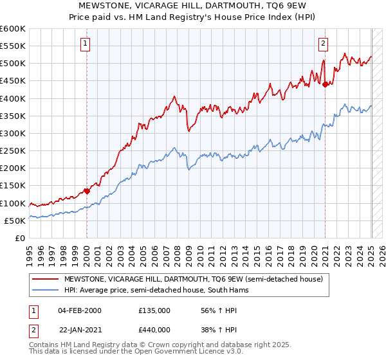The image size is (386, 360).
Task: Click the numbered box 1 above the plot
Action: (86, 44)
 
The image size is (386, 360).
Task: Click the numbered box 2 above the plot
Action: (323, 44)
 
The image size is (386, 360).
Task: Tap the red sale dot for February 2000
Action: (87, 190)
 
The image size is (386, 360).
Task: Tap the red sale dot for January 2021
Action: (326, 84)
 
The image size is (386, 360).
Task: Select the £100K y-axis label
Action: (13, 203)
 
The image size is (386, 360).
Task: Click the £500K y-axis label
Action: (13, 64)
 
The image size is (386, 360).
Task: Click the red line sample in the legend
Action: (45, 280)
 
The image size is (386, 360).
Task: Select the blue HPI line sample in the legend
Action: (45, 290)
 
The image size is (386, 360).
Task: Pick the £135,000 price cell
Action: (154, 310)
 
